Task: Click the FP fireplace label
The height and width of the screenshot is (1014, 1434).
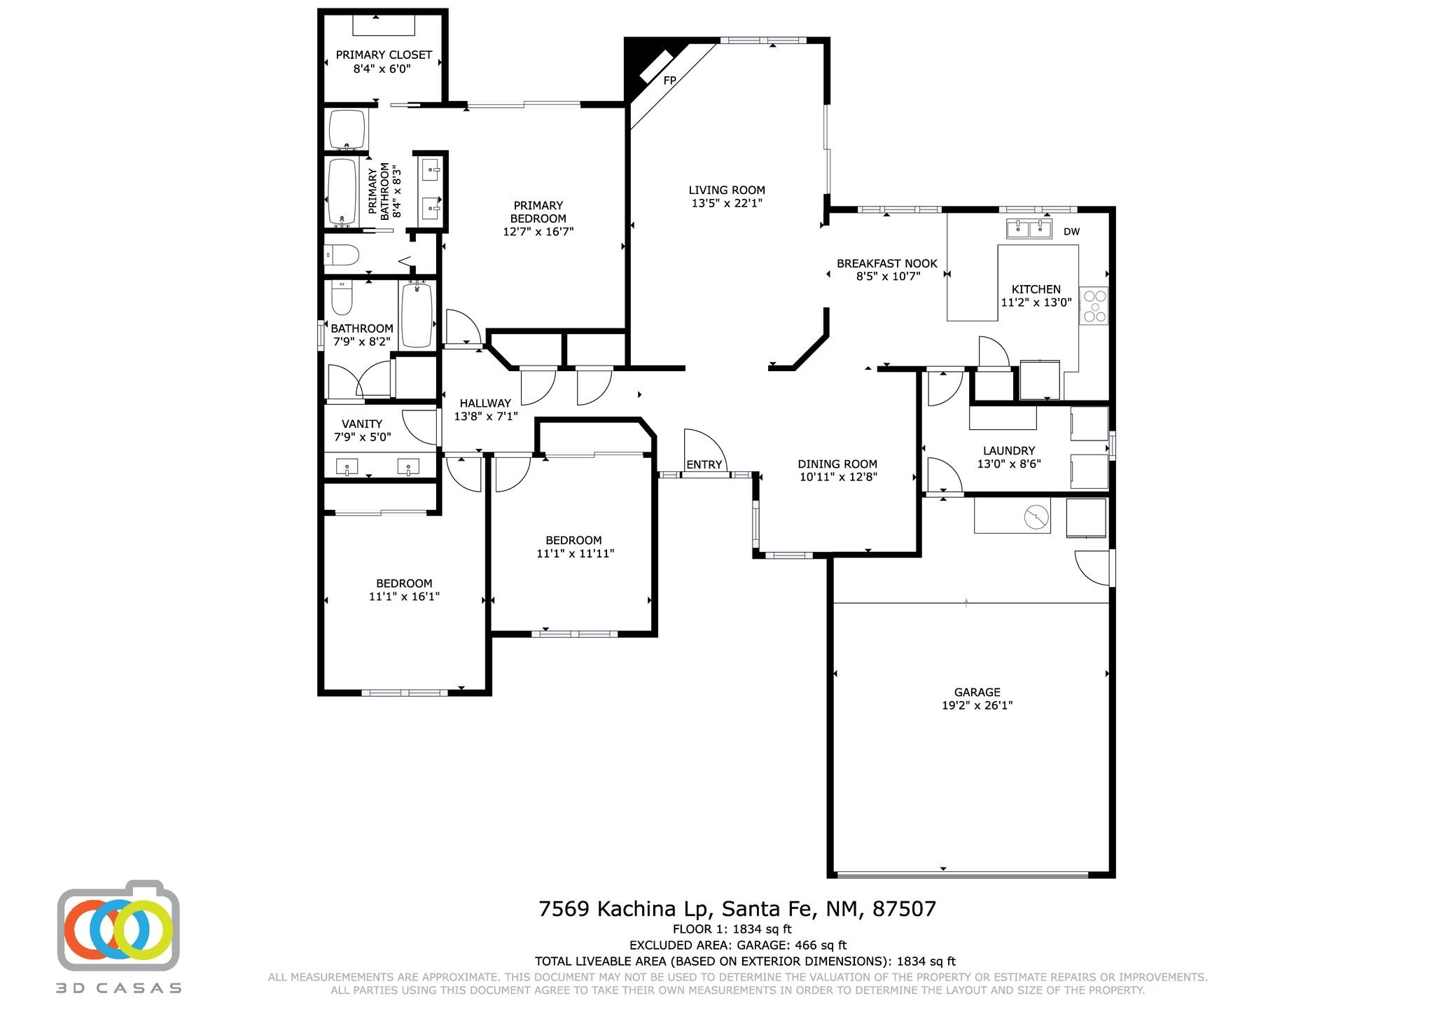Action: [x=670, y=81]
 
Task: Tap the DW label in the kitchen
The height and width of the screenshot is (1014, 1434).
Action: [x=1071, y=232]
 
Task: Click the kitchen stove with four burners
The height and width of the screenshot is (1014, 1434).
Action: [x=1094, y=305]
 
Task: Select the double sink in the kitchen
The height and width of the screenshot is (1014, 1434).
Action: [x=1029, y=228]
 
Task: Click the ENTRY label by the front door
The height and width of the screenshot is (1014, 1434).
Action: [x=704, y=464]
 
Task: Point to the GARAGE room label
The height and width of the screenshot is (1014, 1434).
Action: [x=977, y=692]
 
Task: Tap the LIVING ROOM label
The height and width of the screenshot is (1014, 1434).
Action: [x=727, y=190]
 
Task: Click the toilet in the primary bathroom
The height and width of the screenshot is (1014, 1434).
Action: [x=342, y=255]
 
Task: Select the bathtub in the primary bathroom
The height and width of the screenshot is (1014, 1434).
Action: [x=343, y=190]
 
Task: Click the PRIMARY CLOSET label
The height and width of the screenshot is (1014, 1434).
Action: [x=384, y=55]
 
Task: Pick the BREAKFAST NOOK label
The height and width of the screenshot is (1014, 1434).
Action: [x=887, y=263]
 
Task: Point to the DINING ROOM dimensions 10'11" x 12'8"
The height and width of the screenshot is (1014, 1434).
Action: [x=837, y=477]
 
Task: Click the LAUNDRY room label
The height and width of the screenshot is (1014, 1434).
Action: [x=1008, y=451]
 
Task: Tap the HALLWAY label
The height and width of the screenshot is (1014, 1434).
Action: [x=485, y=403]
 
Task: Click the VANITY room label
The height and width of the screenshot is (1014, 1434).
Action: [x=362, y=424]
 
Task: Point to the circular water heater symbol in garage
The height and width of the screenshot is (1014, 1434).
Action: [x=1036, y=518]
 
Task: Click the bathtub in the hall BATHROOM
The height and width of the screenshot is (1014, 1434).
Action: [x=417, y=314]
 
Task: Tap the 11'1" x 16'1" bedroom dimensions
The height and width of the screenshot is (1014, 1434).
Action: [x=404, y=597]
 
